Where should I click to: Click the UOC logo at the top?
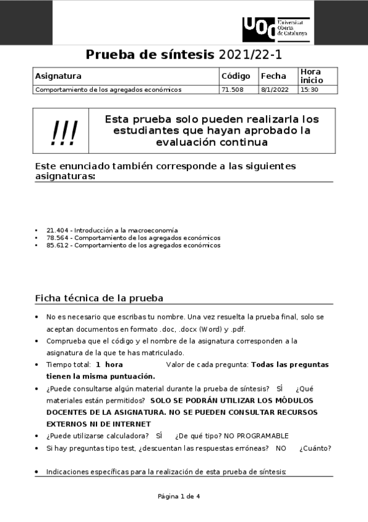click(275, 29)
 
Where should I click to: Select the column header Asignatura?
click(58, 76)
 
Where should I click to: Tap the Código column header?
click(235, 76)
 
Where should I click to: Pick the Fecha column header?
click(273, 76)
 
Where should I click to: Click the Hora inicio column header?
click(310, 76)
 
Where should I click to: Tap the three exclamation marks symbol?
click(65, 131)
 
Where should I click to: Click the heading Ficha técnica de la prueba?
click(99, 299)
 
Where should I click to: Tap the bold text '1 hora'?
click(109, 364)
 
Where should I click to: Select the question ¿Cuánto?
click(315, 448)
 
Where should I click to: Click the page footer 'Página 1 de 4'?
click(179, 496)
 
